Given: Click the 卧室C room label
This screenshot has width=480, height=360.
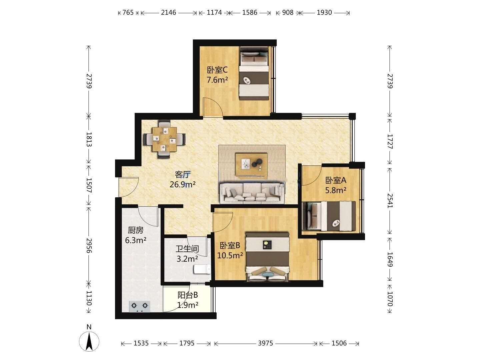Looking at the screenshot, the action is click(217, 70).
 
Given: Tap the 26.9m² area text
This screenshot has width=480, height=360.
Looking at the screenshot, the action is click(183, 185).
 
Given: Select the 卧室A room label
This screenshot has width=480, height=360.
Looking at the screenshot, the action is click(336, 180).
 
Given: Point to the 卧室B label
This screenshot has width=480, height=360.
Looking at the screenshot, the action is click(230, 245).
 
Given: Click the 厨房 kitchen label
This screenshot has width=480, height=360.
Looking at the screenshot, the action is click(136, 230).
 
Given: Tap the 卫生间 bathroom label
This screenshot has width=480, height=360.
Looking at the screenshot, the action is click(187, 249).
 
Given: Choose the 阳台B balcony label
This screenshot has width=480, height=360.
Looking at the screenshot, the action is click(188, 295).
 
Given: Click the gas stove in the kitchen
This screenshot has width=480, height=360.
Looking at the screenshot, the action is click(140, 306).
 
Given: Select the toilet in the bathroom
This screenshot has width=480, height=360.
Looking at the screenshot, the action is click(202, 269).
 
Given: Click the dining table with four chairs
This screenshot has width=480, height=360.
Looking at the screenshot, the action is click(165, 139).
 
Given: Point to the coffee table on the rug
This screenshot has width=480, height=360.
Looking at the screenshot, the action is click(252, 165).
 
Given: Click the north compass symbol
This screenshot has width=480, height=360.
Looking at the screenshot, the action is click(89, 341).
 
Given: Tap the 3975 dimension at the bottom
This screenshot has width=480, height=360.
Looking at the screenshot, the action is click(265, 343).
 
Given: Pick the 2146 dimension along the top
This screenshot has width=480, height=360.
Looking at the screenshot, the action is click(168, 12).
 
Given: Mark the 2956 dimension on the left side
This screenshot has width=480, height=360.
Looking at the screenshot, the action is click(89, 245).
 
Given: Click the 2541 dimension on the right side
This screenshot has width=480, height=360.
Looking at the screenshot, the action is click(390, 201).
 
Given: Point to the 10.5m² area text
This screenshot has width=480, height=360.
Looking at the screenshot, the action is click(230, 255).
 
